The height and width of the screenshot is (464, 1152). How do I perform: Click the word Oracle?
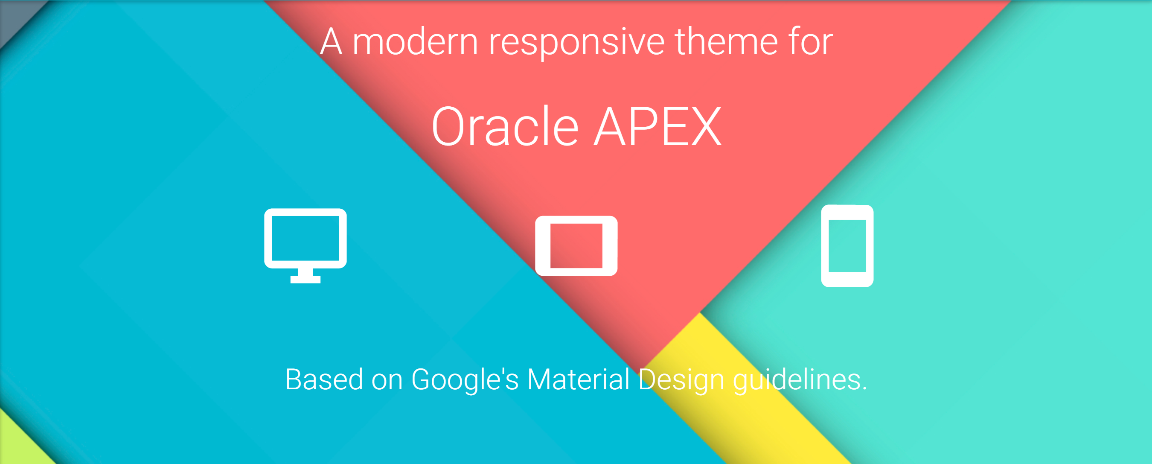point(505,127)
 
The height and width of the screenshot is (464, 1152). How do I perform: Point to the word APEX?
point(657,127)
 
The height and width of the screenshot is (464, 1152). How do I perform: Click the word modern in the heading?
point(416,42)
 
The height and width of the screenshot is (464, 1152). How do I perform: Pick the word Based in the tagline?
point(324,379)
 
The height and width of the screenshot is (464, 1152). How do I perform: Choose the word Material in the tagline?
point(578,379)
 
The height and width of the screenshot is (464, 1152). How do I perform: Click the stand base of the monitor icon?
point(305,280)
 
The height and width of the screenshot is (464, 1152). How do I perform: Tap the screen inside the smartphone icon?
point(847,245)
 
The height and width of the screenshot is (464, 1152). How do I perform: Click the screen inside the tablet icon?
point(576,245)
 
